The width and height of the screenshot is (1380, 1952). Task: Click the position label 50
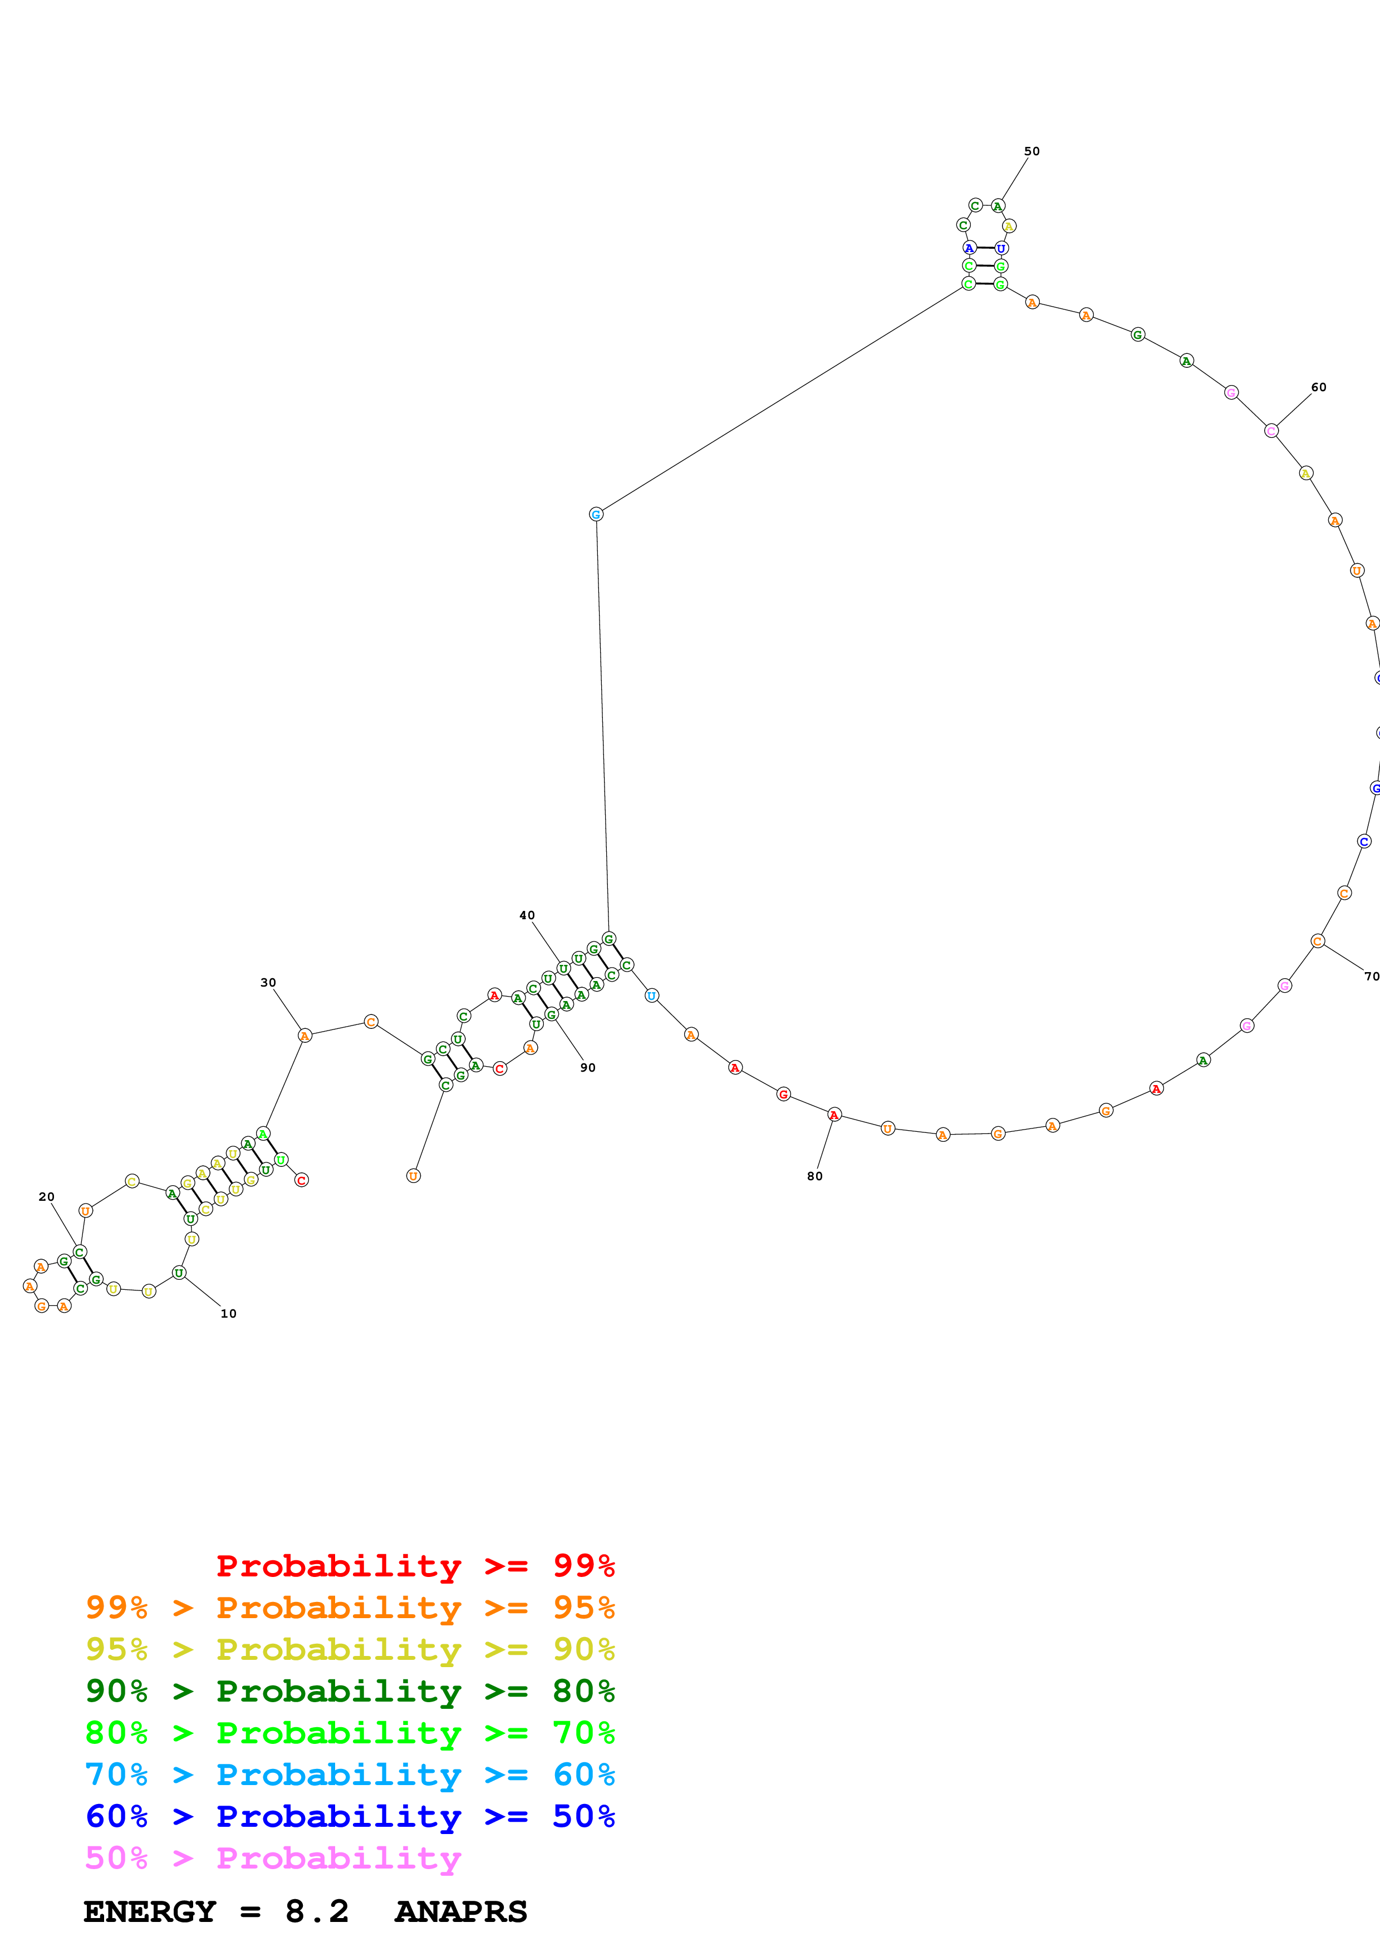1032,151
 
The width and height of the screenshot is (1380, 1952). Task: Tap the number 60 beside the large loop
1318,387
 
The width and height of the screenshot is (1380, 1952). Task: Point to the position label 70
1371,976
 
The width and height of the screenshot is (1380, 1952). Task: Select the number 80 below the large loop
814,1176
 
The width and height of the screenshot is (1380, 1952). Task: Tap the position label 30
268,982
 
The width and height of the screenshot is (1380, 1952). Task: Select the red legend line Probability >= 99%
415,1565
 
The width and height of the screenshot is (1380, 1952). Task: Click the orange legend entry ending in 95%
350,1607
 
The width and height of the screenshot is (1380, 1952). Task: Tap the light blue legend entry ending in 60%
350,1774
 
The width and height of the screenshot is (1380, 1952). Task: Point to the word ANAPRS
461,1911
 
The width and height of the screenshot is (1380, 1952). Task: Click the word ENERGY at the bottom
150,1911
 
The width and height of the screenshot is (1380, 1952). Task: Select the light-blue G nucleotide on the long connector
596,514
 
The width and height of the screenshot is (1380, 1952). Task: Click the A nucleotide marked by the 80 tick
834,1115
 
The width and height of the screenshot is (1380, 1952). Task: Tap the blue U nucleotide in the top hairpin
1001,248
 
